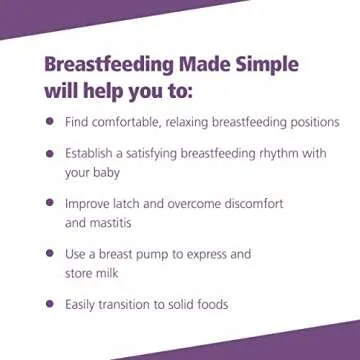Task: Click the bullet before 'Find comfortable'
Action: click(x=49, y=121)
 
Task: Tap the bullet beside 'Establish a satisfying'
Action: click(x=49, y=153)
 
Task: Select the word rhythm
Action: click(x=275, y=154)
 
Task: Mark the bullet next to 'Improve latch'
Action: click(x=49, y=203)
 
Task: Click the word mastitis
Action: click(x=111, y=223)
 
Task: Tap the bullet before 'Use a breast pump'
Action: click(x=49, y=254)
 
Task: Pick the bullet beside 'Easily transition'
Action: click(x=49, y=304)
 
